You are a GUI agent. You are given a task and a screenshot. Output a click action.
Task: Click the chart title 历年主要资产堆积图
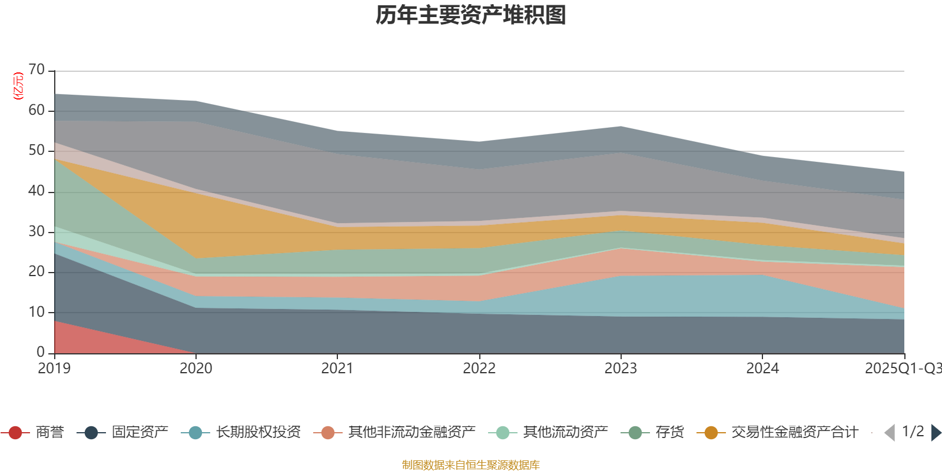pos(471,15)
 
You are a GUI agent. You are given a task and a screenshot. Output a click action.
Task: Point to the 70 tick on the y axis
pos(37,70)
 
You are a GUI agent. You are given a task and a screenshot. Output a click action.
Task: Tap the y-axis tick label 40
pos(37,191)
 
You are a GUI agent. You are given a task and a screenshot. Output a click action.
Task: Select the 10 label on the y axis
pos(37,312)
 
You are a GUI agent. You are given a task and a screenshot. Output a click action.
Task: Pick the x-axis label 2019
pos(54,369)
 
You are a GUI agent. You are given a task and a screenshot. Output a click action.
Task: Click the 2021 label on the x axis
pos(337,369)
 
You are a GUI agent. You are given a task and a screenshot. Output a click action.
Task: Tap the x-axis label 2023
pos(621,369)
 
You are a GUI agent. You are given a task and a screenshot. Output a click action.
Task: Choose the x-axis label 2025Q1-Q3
pos(902,369)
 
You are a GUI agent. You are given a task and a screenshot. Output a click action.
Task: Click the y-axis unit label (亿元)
pos(18,86)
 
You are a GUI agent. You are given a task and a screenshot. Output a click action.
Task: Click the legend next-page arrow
pos(936,433)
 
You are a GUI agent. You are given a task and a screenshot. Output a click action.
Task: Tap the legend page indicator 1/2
pos(913,432)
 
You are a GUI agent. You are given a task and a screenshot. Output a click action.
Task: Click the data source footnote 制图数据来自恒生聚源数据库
pos(471,465)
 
